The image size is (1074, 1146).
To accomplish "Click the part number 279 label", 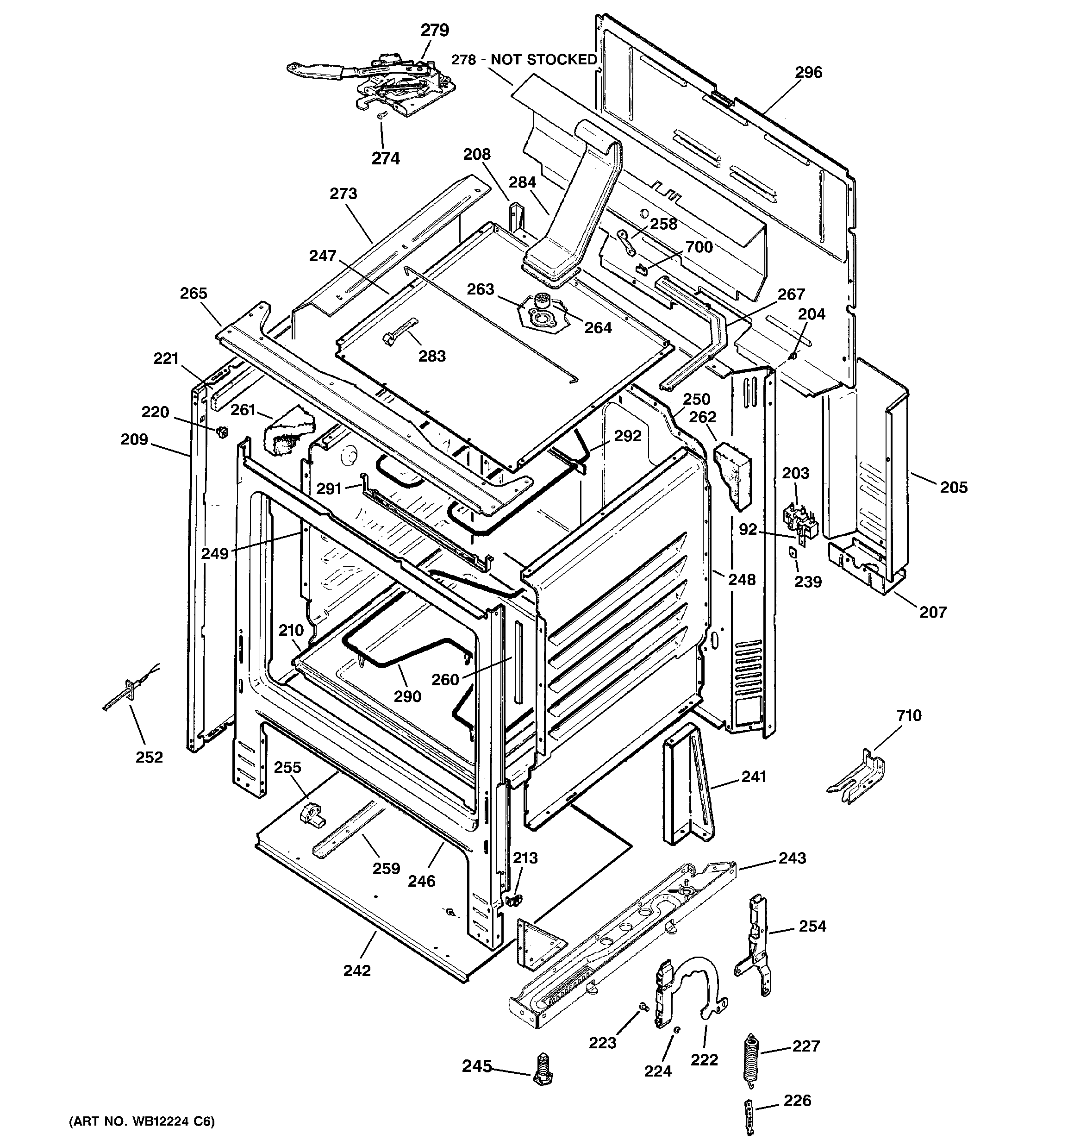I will (x=434, y=30).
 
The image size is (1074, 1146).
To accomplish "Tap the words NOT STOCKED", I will (x=543, y=60).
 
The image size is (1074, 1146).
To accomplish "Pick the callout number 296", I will (x=808, y=73).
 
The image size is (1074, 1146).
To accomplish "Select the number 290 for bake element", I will (x=407, y=696).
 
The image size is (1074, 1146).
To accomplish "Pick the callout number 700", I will (x=699, y=247).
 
